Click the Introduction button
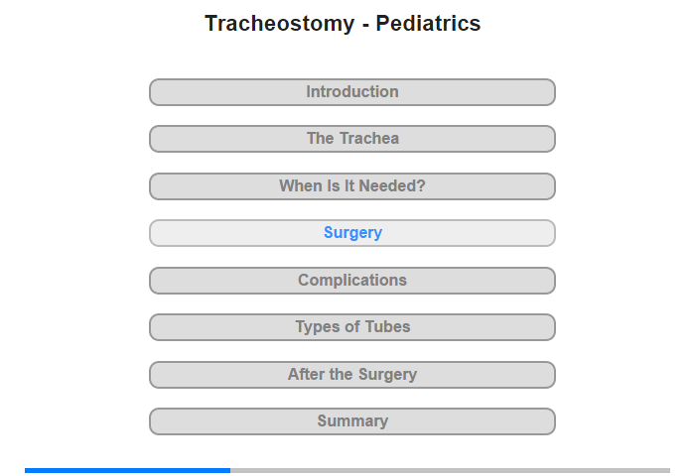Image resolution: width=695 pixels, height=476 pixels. tap(351, 92)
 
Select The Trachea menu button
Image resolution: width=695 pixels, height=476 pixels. tap(351, 139)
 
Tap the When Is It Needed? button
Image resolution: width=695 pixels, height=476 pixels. tap(351, 186)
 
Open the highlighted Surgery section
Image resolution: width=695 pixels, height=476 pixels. tap(351, 233)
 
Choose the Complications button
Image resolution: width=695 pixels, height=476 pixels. tap(351, 281)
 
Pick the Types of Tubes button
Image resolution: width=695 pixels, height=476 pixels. tap(351, 327)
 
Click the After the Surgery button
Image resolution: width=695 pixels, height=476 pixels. tap(351, 375)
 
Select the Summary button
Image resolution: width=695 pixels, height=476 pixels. tap(351, 421)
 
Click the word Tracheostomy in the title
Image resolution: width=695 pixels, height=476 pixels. tap(280, 24)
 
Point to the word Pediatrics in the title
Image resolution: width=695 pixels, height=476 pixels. tap(428, 23)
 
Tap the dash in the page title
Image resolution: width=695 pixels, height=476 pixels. tap(365, 25)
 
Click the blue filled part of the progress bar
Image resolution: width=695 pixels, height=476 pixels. tap(128, 470)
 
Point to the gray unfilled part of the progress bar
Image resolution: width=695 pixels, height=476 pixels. tap(451, 470)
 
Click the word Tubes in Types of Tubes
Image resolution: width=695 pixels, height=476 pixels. tap(387, 327)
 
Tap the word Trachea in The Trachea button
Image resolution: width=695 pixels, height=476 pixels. tap(369, 138)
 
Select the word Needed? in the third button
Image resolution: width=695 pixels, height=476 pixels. tap(392, 185)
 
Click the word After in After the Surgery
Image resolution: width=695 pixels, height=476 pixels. tap(307, 374)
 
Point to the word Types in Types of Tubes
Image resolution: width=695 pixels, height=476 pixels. tap(318, 327)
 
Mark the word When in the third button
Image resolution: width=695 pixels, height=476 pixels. tap(301, 185)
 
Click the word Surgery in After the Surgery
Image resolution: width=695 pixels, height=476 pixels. tap(387, 375)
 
